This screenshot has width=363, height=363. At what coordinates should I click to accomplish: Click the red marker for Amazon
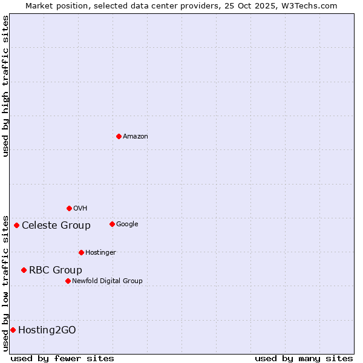(x=119, y=136)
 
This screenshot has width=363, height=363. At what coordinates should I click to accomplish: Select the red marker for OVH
(x=69, y=208)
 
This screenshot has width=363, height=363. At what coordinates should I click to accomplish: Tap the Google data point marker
(x=112, y=224)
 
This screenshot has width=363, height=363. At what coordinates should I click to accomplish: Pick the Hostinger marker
(x=81, y=252)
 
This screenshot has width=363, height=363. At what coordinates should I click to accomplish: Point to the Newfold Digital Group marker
(x=68, y=281)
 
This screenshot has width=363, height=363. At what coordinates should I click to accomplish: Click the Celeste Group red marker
(x=16, y=226)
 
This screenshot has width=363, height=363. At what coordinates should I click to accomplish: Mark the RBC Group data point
(x=24, y=270)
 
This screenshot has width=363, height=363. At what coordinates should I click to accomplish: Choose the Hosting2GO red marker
(x=13, y=330)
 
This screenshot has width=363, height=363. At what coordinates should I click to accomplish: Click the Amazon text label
(x=136, y=137)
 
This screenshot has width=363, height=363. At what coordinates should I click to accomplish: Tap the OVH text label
(x=80, y=209)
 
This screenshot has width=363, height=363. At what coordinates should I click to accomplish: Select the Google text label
(x=127, y=224)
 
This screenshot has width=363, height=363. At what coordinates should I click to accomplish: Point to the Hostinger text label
(x=100, y=253)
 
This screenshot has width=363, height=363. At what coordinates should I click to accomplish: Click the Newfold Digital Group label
(x=108, y=281)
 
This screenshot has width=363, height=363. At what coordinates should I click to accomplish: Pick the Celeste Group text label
(x=56, y=226)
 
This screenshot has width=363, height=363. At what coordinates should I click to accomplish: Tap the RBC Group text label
(x=56, y=270)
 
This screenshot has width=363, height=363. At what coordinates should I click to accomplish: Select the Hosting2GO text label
(x=47, y=330)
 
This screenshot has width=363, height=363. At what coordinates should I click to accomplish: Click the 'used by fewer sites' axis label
(x=62, y=358)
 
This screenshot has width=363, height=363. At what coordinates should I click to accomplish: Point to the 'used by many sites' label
(x=304, y=358)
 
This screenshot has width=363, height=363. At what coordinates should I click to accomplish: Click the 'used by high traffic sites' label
(x=5, y=86)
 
